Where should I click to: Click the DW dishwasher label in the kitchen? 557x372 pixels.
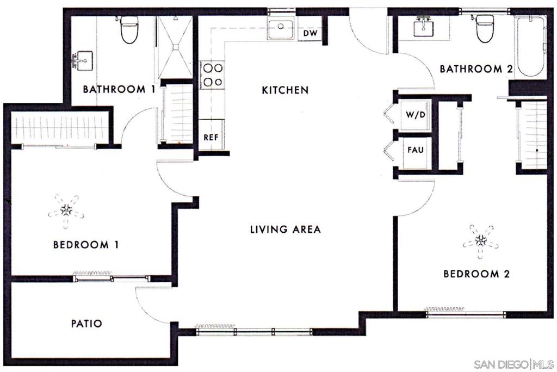pyautogui.click(x=310, y=34)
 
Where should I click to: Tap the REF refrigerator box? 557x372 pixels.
pyautogui.click(x=211, y=138)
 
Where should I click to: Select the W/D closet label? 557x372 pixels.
pyautogui.click(x=415, y=116)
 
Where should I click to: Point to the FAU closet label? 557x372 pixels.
pyautogui.click(x=416, y=148)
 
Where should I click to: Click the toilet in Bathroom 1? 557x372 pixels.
pyautogui.click(x=129, y=30)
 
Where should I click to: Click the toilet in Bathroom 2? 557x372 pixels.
pyautogui.click(x=485, y=28)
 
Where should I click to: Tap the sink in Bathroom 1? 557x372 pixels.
pyautogui.click(x=83, y=61)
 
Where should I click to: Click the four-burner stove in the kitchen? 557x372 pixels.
pyautogui.click(x=212, y=75)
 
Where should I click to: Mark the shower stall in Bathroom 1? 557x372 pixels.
pyautogui.click(x=174, y=47)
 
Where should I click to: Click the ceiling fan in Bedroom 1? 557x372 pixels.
pyautogui.click(x=66, y=209)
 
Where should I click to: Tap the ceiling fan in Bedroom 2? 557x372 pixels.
pyautogui.click(x=480, y=239)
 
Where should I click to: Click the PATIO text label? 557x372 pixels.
pyautogui.click(x=86, y=324)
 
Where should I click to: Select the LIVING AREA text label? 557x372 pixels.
pyautogui.click(x=285, y=230)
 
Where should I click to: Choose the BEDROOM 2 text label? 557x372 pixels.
pyautogui.click(x=476, y=274)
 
